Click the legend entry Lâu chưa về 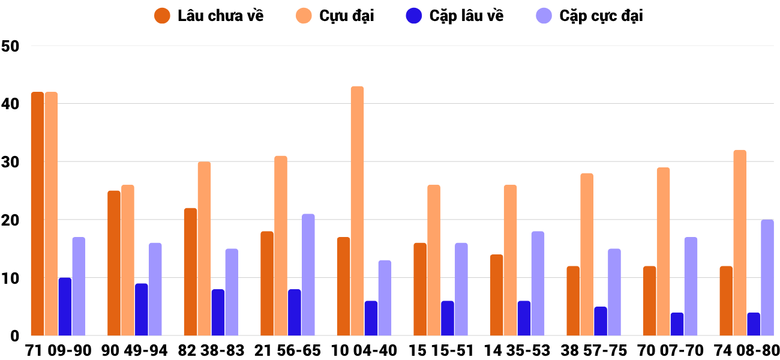pos(220,16)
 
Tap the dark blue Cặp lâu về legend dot pos(414,16)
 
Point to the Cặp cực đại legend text pos(601,16)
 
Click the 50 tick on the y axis pos(11,46)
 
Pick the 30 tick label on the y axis pos(11,162)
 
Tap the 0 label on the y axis pos(14,336)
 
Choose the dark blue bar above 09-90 pos(65,307)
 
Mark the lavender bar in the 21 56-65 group pos(308,275)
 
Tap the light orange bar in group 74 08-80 pos(740,243)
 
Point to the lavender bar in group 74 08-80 pos(767,278)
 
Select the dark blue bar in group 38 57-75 pos(601,321)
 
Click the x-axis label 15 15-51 pos(441,350)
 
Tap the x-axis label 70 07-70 pos(670,350)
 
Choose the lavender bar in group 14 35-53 pos(538,284)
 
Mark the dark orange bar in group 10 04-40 pos(343,287)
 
